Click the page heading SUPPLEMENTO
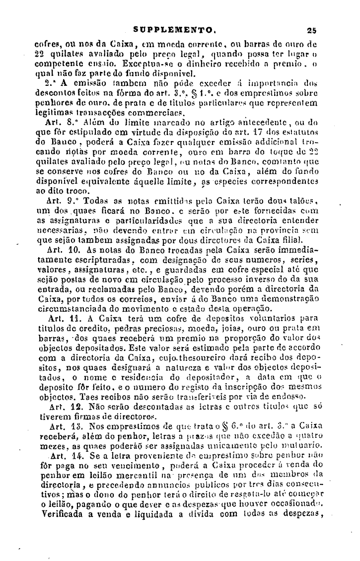click(174, 29)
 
